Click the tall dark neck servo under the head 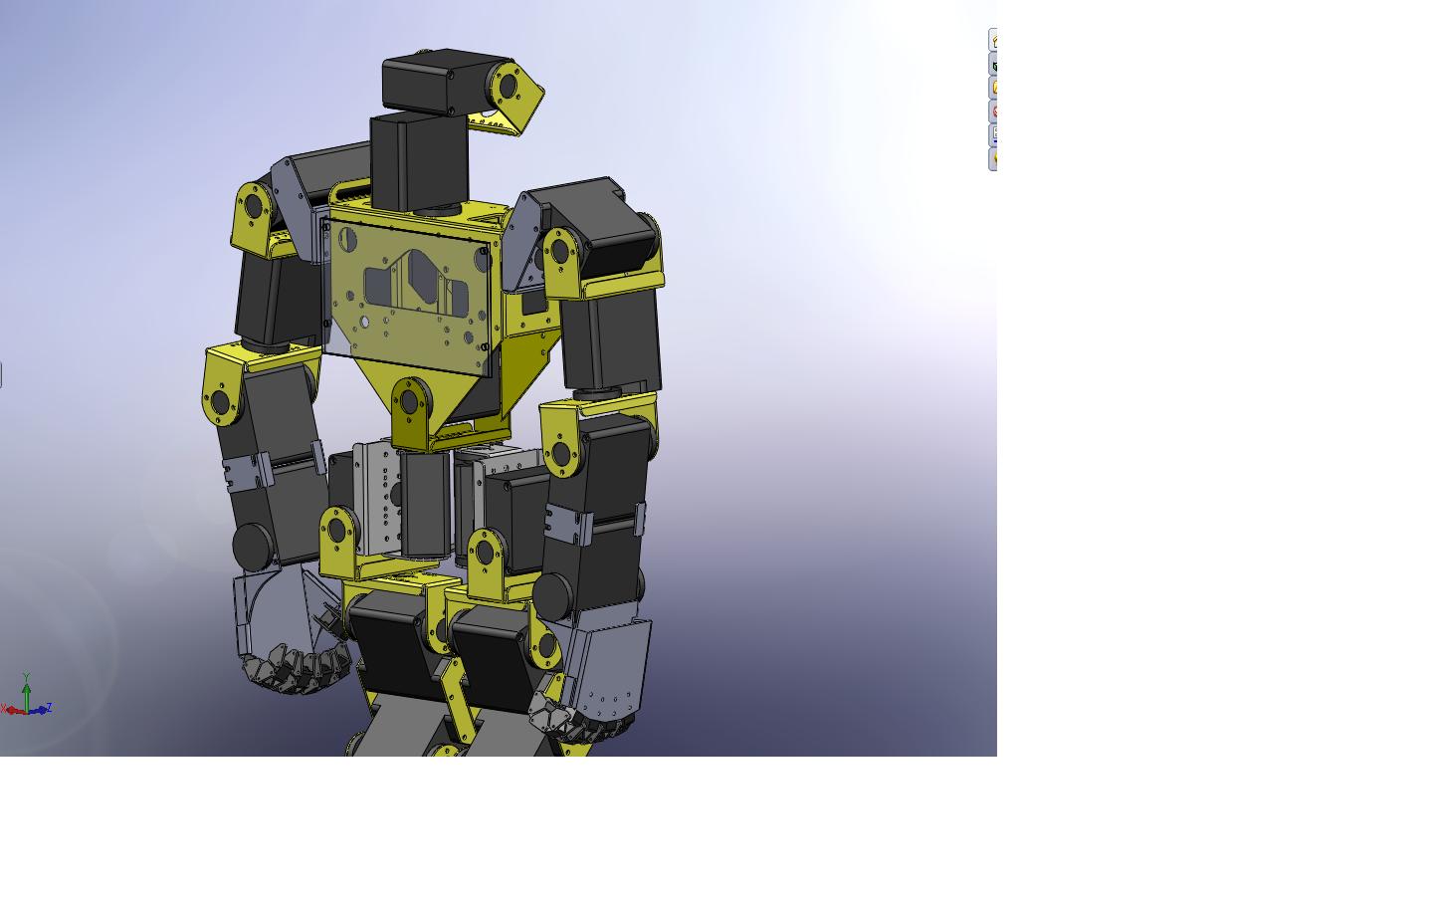coord(418,159)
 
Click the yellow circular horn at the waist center coord(409,402)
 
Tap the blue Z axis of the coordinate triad coord(41,710)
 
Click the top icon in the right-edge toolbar coord(993,40)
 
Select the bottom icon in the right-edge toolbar coord(993,159)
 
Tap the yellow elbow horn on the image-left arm coord(220,402)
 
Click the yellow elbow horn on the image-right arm coord(560,455)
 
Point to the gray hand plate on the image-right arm coord(612,662)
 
